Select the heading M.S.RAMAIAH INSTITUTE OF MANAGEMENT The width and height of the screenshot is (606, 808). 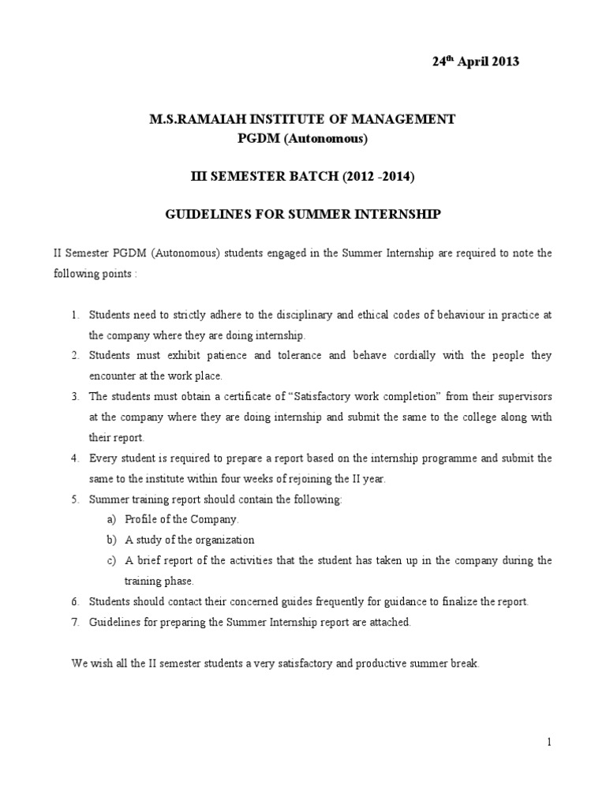(x=302, y=119)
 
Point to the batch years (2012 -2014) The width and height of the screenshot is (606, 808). (x=368, y=178)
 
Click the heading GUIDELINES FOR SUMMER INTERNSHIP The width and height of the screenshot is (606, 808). (x=303, y=215)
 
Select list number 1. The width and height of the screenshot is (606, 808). (x=75, y=315)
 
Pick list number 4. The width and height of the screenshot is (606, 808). (x=75, y=458)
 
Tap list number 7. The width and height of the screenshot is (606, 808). (x=75, y=623)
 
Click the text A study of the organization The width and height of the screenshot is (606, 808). (x=189, y=541)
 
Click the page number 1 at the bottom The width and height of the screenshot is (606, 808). (x=549, y=742)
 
